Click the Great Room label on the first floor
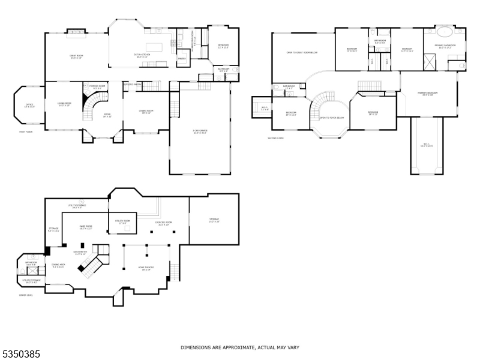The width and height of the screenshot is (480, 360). click(x=76, y=57)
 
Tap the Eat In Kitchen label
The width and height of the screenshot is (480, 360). click(x=142, y=55)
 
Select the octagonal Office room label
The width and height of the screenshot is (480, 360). click(x=29, y=106)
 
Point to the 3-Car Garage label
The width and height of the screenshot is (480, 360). click(x=200, y=131)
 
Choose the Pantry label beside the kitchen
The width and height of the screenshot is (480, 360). click(x=182, y=58)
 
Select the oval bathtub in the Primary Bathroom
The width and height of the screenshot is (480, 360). click(x=445, y=32)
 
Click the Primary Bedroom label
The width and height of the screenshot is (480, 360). click(x=428, y=94)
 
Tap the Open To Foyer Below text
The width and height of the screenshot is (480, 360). click(x=332, y=118)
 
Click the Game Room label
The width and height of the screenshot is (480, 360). click(x=77, y=227)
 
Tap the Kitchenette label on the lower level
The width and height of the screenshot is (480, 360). click(x=80, y=252)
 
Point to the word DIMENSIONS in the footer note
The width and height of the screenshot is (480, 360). click(x=197, y=347)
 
